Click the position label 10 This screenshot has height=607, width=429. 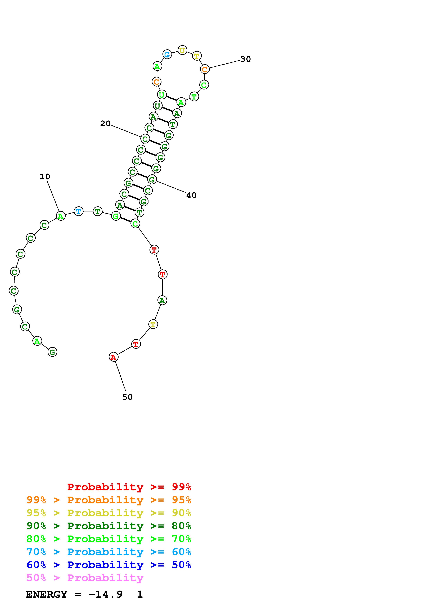pos(45,177)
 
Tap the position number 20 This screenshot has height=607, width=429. pos(105,124)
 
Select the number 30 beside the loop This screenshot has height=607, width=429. pos(246,59)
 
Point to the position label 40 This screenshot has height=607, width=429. pos(191,195)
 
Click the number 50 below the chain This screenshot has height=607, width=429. pos(127,397)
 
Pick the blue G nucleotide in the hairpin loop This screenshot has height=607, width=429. pos(167,55)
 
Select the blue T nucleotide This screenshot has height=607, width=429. pos(79,211)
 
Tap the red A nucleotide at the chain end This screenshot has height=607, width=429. pos(113,357)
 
